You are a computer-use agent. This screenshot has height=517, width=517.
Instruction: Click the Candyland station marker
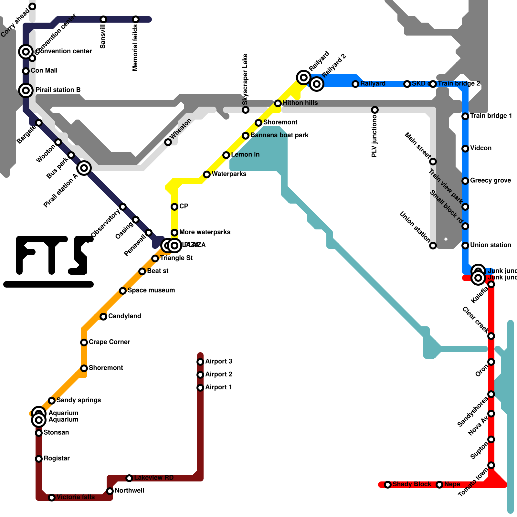coord(103,317)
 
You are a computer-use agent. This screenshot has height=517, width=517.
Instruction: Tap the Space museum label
coord(151,290)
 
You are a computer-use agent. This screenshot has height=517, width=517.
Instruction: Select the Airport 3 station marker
coord(200,362)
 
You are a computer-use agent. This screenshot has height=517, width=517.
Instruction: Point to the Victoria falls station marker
coord(52,498)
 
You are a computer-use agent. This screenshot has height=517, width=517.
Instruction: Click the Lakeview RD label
coord(153,478)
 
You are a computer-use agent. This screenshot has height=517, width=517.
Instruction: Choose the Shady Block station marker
coord(388,485)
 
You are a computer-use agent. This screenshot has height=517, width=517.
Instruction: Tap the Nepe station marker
coord(439,485)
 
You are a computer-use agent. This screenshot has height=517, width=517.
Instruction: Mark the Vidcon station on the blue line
coord(465,149)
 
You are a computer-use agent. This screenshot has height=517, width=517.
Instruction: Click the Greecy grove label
coord(490,181)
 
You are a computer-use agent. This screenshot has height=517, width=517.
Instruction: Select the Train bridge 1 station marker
coord(465,116)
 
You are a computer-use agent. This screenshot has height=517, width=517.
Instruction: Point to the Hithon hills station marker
coord(278,103)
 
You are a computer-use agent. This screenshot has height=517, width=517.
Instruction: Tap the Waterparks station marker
coord(207,174)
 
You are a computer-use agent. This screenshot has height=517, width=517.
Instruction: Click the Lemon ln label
coord(245,155)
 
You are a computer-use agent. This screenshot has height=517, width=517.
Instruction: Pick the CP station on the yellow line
coord(174,207)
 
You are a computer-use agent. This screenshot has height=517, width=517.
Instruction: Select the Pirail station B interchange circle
coord(26,90)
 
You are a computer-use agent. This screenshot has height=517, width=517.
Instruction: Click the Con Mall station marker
coord(26,71)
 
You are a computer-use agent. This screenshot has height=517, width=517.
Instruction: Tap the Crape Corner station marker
coord(84,343)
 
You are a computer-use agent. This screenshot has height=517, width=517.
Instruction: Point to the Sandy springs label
coord(79,400)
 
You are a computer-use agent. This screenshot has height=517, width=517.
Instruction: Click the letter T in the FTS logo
coord(52,255)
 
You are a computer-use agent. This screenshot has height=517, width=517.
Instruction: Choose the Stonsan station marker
coord(39,433)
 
